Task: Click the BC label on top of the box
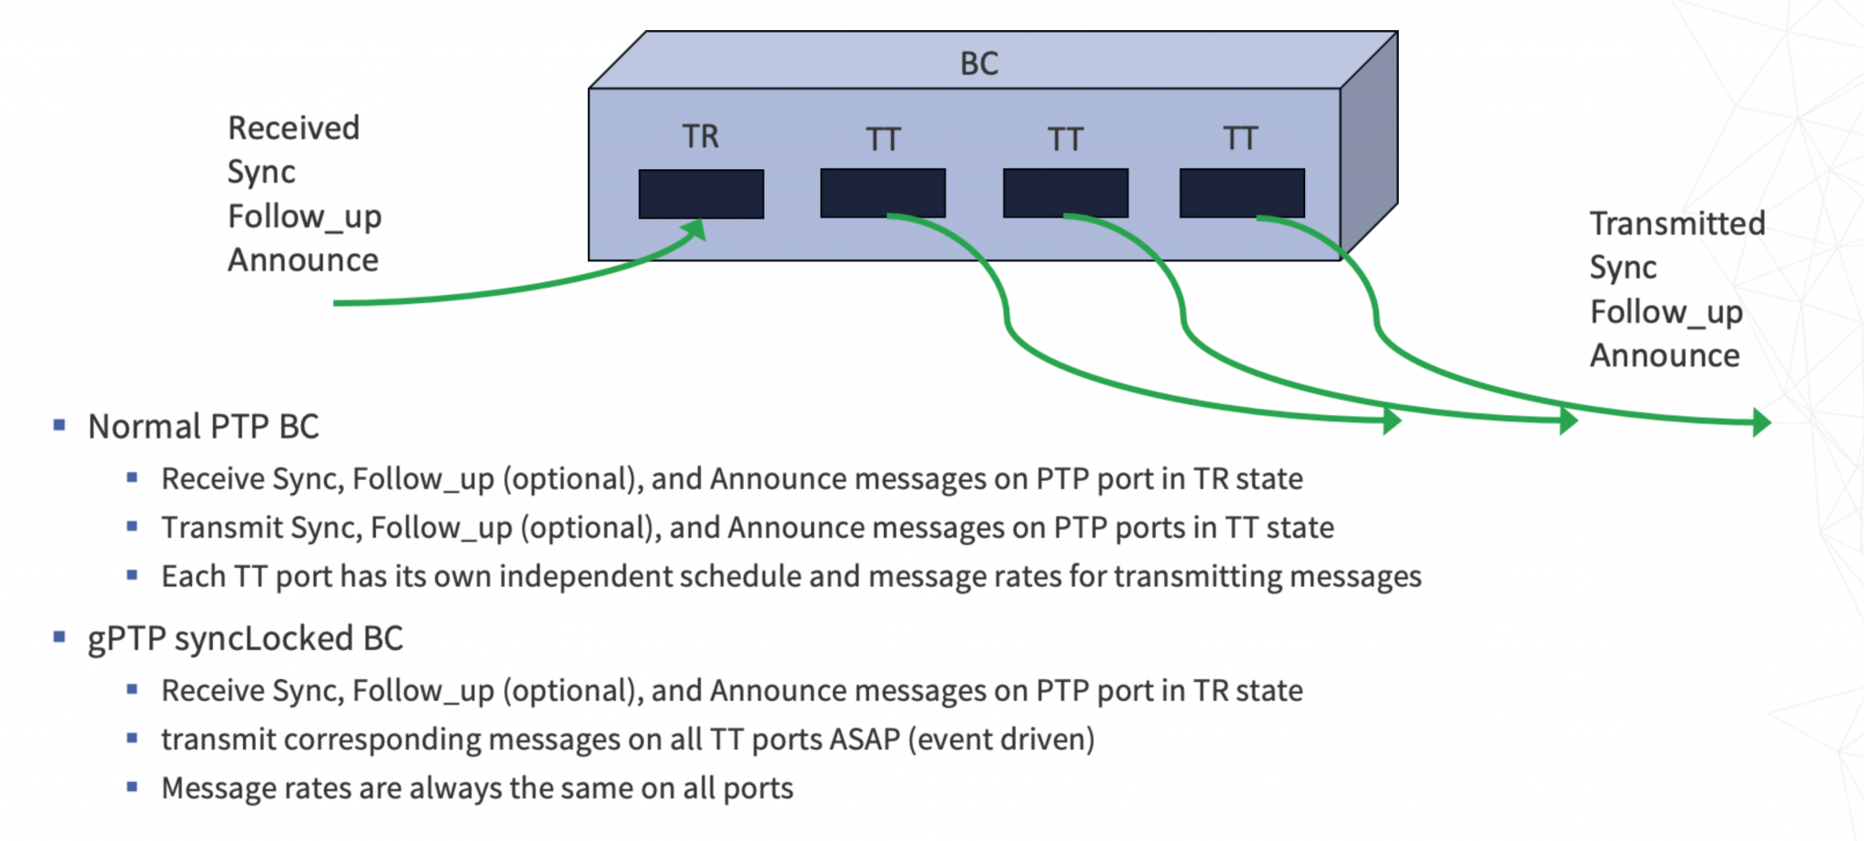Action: click(979, 64)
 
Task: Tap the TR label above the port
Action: click(701, 137)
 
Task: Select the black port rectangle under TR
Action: click(701, 194)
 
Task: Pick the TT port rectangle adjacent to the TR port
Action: click(883, 193)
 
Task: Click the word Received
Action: click(293, 128)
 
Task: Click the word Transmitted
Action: click(1677, 224)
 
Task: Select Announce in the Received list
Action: click(303, 260)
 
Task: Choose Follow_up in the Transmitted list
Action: click(1666, 312)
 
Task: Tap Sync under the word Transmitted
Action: click(1623, 269)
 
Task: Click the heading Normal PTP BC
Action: click(203, 427)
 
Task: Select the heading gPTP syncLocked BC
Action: click(245, 639)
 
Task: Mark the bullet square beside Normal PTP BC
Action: click(60, 425)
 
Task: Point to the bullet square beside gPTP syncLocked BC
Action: click(60, 637)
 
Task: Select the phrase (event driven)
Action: click(1001, 740)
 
